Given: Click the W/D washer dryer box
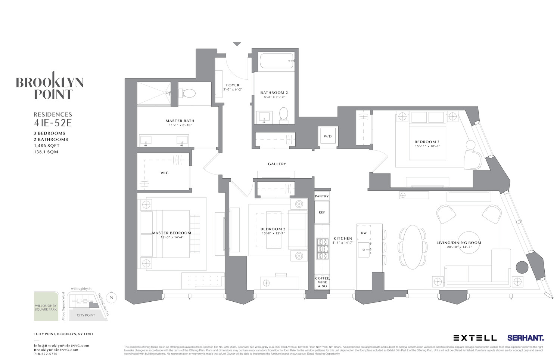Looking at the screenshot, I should pos(327,136).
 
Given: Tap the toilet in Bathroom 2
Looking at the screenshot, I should pos(284,115).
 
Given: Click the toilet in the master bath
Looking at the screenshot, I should pos(187,93).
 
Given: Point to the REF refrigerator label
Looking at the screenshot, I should pos(321,212).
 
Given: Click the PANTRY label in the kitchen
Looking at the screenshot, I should pos(321,196).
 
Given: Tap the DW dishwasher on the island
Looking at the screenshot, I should pos(363,233).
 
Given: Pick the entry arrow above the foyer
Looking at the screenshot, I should pos(237,44).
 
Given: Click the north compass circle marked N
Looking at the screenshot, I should pos(111,298).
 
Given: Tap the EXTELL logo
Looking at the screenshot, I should pos(475,338).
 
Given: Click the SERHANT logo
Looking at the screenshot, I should pos(525,338).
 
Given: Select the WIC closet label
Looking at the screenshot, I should pos(164,173).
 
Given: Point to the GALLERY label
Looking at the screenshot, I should pos(277,164).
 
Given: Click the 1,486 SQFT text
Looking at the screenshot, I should pos(46,146).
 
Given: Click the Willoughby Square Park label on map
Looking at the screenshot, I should pos(46,307).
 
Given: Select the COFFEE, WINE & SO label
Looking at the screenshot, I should pos(322,282).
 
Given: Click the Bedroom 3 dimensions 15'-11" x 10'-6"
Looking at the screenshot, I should pos(427,146).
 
